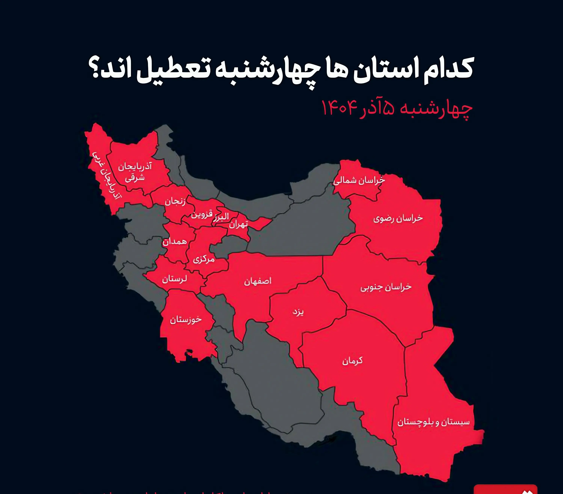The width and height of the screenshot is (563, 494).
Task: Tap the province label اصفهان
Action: click(x=257, y=281)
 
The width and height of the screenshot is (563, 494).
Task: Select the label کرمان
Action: click(x=352, y=361)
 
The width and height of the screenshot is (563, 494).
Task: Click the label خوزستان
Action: click(x=186, y=320)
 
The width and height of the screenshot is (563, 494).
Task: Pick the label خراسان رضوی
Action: click(x=398, y=219)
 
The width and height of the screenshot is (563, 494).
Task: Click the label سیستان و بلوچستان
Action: click(x=433, y=422)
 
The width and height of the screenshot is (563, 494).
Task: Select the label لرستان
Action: click(x=174, y=279)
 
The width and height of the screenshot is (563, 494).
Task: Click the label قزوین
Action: click(x=202, y=214)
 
